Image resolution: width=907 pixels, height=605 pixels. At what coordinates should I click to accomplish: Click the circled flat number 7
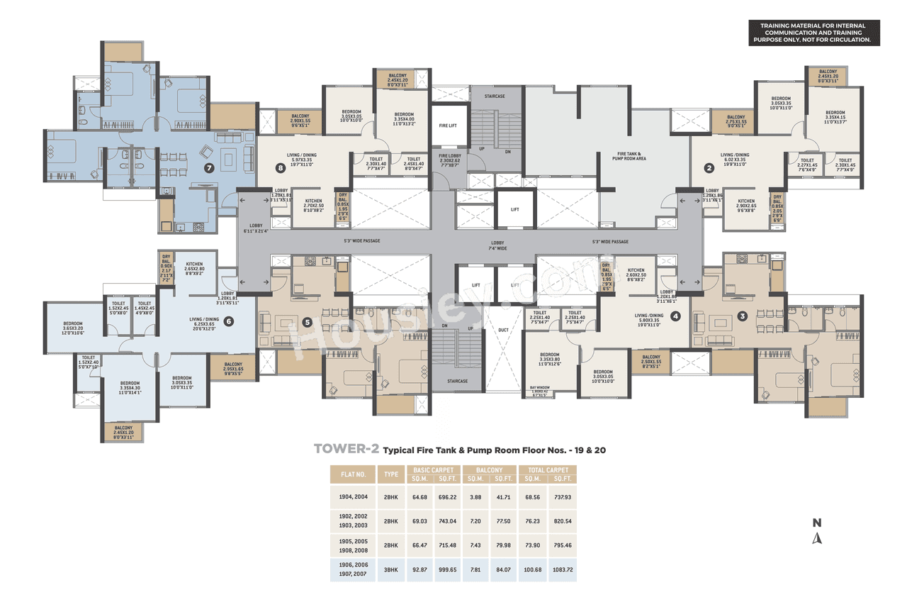click(208, 168)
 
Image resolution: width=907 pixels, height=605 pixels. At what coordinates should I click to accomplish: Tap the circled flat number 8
click(281, 168)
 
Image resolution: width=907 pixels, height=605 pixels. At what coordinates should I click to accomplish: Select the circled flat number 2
click(709, 168)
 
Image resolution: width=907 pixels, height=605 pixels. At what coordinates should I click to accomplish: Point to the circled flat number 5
click(307, 321)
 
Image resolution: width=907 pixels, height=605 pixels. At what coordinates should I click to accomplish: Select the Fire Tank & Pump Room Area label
click(629, 156)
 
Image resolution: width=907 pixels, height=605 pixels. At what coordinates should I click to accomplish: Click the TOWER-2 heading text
click(346, 450)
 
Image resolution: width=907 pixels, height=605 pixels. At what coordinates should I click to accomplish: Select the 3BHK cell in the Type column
click(390, 570)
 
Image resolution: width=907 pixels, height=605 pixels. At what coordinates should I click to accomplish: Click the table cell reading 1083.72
click(562, 570)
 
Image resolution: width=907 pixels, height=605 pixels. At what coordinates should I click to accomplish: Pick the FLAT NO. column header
click(352, 474)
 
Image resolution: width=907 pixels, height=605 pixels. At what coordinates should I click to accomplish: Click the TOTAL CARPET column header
click(547, 470)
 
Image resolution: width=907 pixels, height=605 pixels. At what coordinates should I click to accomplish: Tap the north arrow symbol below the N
click(817, 538)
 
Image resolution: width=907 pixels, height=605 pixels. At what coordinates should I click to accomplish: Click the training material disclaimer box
click(814, 33)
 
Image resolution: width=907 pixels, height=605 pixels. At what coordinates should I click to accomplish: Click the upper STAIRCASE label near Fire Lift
click(494, 96)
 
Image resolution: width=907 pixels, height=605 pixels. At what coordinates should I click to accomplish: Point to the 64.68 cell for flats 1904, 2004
click(419, 497)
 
